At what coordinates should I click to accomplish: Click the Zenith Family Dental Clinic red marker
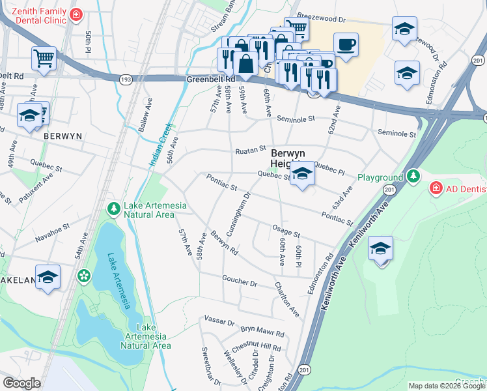coord(76,14)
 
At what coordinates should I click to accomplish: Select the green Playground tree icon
coord(413,177)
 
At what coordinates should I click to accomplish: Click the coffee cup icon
coord(346,45)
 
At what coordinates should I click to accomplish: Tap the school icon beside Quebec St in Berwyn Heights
coord(301,174)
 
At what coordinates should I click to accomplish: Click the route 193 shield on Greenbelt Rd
coord(125,78)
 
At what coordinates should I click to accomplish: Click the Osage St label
coord(286,233)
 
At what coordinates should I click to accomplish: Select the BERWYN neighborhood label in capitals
coord(62,137)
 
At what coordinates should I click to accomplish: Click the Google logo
coord(21,383)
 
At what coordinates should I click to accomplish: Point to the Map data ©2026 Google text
coord(446,386)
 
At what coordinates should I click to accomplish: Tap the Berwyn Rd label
coord(224,242)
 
